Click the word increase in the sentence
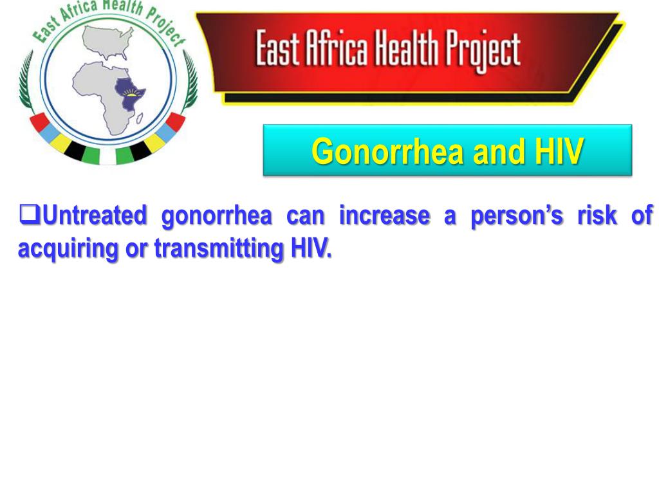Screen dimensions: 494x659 pyautogui.click(x=384, y=215)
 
